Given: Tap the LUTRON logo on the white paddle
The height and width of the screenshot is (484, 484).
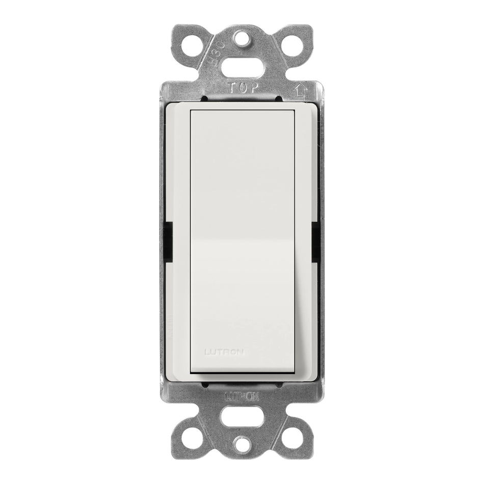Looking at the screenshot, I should pos(224,351).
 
